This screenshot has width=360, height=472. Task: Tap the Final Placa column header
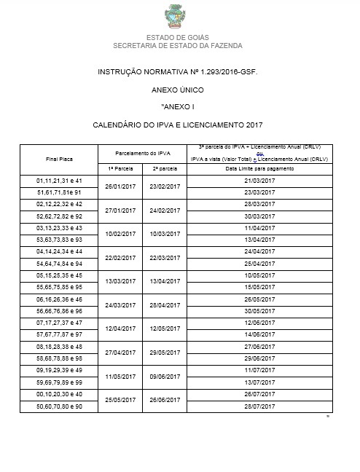pos(60,157)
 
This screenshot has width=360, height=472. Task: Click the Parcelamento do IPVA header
pos(142,152)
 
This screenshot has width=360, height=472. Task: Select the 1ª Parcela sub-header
pos(120,168)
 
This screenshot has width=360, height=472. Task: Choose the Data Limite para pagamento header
pos(259,168)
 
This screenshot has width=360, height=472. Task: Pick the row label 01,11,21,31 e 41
pos(60,179)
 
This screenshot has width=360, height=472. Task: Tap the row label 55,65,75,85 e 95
pos(60,287)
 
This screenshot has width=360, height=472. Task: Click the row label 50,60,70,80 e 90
pos(60,406)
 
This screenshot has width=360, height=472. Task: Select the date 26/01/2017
pos(120,186)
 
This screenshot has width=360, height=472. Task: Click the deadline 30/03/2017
pos(259,216)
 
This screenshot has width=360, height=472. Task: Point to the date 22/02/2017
pos(120,257)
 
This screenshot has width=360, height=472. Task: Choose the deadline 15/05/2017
pos(259,287)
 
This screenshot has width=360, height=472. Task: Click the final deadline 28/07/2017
pos(259,406)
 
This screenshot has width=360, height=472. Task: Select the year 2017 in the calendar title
pos(254,125)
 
